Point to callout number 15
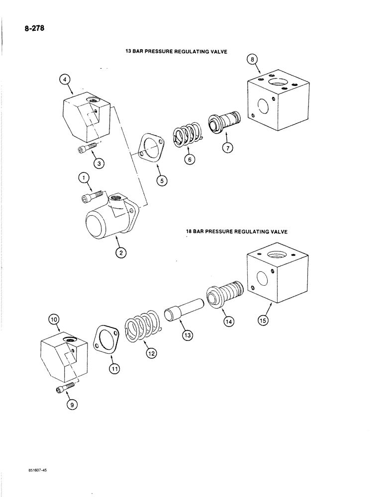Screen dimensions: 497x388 click(x=262, y=320)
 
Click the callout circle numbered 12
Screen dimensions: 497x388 click(x=151, y=353)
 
